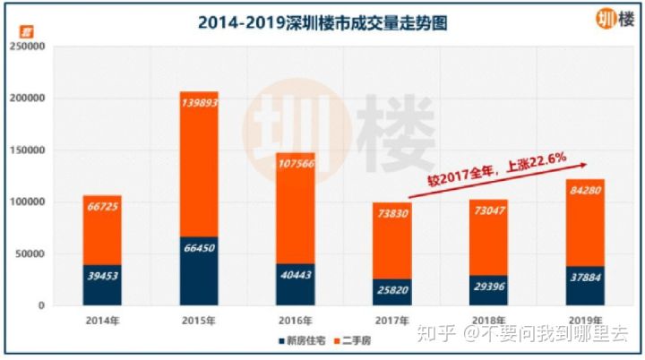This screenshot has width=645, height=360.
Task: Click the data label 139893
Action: coord(198,103)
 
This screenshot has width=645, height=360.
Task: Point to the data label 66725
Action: coord(101,208)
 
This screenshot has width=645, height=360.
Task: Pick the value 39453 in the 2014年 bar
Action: coord(101,277)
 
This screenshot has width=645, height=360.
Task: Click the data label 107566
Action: coord(295,165)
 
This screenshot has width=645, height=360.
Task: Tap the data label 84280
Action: coord(586,191)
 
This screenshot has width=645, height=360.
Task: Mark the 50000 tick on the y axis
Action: coord(27,254)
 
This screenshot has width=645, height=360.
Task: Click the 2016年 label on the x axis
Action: coord(295,320)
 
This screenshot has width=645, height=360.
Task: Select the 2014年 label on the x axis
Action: coord(101,320)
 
